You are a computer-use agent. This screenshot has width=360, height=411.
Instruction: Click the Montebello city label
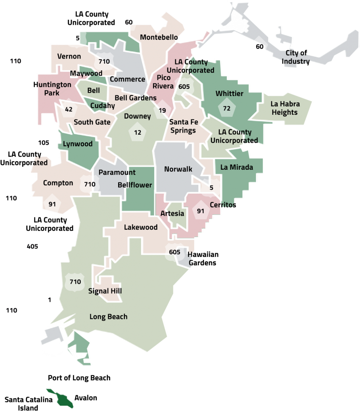pyautogui.click(x=158, y=37)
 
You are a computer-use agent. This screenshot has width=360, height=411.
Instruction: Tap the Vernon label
pyautogui.click(x=69, y=56)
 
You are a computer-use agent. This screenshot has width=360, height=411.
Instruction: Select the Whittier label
pyautogui.click(x=229, y=93)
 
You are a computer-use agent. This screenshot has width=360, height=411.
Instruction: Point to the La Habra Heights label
pyautogui.click(x=285, y=108)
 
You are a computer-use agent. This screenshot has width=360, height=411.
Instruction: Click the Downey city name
pyautogui.click(x=137, y=116)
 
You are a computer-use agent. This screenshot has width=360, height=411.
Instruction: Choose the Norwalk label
pyautogui.click(x=178, y=169)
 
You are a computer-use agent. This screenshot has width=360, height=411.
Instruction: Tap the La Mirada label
pyautogui.click(x=236, y=167)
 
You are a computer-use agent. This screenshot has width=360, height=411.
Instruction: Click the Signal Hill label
pyautogui.click(x=105, y=291)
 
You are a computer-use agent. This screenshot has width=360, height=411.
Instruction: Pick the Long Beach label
pyautogui.click(x=108, y=317)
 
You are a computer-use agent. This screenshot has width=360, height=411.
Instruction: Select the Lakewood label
pyautogui.click(x=141, y=227)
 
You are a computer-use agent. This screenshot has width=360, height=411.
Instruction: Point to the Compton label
pyautogui.click(x=58, y=183)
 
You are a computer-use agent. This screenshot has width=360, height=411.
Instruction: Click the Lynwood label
pyautogui.click(x=77, y=144)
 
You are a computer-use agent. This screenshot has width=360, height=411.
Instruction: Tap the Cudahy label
pyautogui.click(x=102, y=105)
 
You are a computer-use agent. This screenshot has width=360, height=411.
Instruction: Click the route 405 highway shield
pyautogui.click(x=32, y=247)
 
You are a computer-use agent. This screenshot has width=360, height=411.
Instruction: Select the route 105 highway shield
pyautogui.click(x=44, y=143)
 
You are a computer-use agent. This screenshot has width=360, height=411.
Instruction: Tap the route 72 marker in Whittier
pyautogui.click(x=226, y=108)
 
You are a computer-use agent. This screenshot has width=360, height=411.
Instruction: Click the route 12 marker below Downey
pyautogui.click(x=137, y=132)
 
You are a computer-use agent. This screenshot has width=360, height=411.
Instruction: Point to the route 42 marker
pyautogui.click(x=68, y=110)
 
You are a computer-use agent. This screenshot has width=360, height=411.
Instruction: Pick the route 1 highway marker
pyautogui.click(x=49, y=300)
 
